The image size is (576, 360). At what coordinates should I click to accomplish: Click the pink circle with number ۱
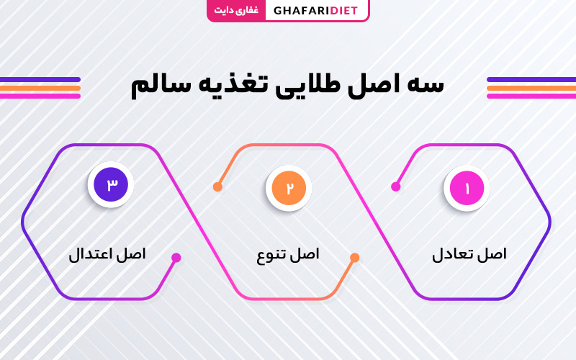point(467,188)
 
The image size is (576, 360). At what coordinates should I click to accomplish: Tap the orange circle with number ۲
point(289,188)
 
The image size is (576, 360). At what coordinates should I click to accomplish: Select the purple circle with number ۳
point(111,184)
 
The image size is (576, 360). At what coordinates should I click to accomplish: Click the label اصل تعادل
point(469,254)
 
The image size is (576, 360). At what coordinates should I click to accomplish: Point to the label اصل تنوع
point(288,255)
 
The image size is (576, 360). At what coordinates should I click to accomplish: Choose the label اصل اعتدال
point(107,254)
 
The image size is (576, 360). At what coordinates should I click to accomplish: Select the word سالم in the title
point(161,86)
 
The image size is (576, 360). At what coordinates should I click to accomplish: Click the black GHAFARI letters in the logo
point(301,11)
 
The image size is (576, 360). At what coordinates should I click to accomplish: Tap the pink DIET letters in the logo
point(344,11)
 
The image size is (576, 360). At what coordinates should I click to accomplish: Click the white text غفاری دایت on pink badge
point(236,10)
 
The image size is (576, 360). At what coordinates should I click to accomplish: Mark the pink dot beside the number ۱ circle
point(395,186)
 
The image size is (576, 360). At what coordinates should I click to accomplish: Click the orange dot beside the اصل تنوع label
point(354,258)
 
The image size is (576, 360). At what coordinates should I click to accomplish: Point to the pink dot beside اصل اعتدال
point(176,258)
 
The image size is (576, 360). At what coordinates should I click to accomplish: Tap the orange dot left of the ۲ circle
point(217,186)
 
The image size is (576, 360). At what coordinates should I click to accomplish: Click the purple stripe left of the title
point(40,80)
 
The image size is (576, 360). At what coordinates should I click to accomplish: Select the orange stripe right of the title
point(531,88)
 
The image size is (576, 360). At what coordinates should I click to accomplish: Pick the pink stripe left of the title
point(40,96)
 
